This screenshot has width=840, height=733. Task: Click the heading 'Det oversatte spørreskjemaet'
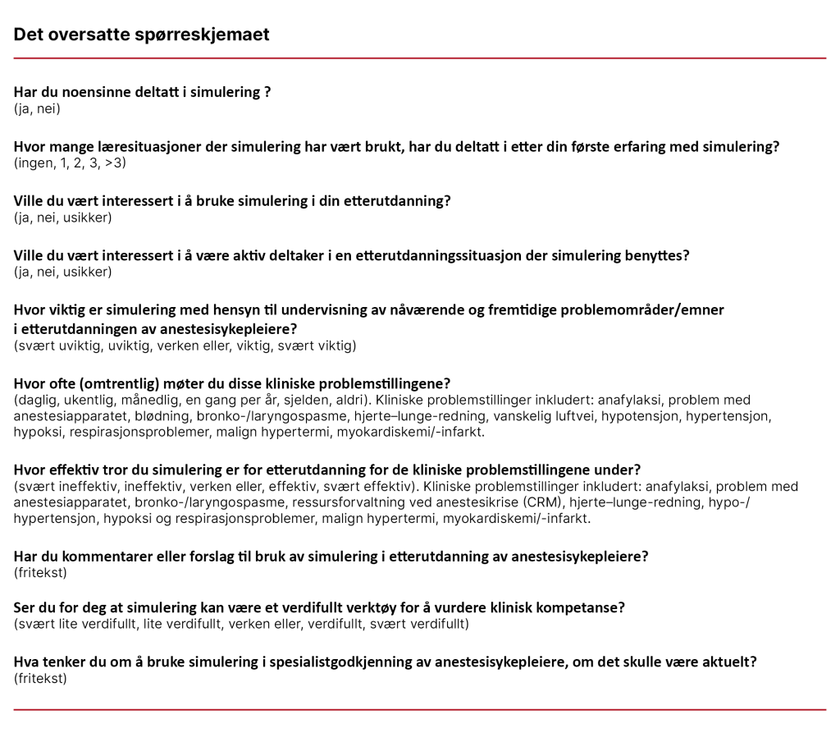click(141, 34)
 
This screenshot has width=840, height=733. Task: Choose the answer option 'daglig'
click(35, 401)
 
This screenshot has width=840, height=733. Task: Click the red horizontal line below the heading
click(420, 58)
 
